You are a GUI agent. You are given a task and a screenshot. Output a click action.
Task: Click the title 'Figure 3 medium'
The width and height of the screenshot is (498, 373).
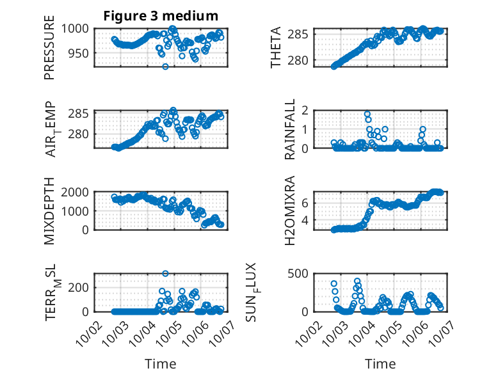tap(161, 15)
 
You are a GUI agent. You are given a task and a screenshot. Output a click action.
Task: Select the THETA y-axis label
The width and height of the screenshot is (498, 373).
tap(276, 48)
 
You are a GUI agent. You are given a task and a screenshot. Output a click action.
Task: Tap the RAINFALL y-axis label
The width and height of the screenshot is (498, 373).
tap(289, 129)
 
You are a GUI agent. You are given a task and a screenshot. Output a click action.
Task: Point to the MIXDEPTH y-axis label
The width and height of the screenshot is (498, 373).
tap(49, 210)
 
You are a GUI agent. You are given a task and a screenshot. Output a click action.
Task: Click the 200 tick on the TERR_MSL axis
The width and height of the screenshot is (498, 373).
tap(80, 287)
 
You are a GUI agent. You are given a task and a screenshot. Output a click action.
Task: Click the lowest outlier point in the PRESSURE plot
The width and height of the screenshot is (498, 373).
tap(165, 67)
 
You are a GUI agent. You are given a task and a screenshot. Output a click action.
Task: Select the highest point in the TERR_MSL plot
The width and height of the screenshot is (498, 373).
tap(165, 274)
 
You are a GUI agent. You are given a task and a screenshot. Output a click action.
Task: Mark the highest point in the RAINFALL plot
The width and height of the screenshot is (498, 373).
tap(367, 114)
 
